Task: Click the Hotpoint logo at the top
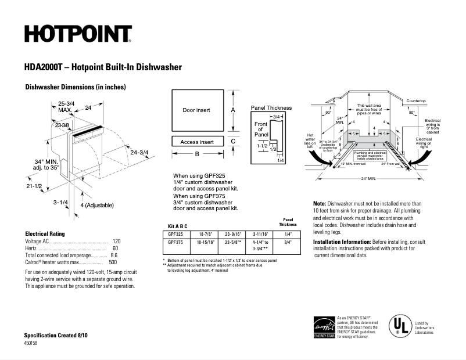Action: (x=78, y=34)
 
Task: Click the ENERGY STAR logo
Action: (x=324, y=327)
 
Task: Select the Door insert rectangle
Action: (x=196, y=110)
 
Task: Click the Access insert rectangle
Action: (x=196, y=142)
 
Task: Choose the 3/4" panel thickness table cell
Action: (x=288, y=243)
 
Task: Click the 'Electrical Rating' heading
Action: (x=45, y=232)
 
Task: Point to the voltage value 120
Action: (x=116, y=240)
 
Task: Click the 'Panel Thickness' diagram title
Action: (x=271, y=108)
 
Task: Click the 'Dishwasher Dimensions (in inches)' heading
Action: (x=76, y=87)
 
